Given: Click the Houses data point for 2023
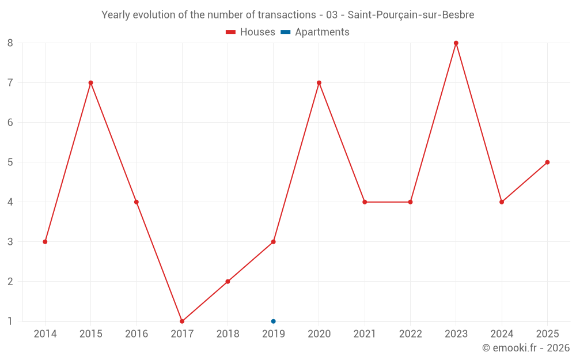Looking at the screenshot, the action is point(456,43).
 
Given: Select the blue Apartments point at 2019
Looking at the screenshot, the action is point(273,321).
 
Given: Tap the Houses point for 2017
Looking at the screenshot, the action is point(182,321).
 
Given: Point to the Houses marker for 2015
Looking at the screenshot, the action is point(91,82).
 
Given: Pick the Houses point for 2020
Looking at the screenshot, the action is point(319,82).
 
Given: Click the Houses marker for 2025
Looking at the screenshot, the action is point(547,162).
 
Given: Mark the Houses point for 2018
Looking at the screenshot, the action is point(228,282).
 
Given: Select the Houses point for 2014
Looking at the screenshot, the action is point(45,242).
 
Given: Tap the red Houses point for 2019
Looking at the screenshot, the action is point(273,242).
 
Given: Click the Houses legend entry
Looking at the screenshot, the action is point(251,32).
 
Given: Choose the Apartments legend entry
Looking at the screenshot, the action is point(315,32).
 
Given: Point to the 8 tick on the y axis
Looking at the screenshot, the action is point(10,43).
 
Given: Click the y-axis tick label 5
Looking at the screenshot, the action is point(10,162).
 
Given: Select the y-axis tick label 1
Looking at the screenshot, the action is point(10,321).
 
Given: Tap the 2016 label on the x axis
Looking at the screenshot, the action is point(137,334).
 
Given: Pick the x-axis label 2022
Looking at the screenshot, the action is point(410,334).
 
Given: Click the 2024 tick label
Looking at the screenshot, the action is point(502,334).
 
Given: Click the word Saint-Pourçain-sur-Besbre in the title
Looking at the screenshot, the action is point(411,15).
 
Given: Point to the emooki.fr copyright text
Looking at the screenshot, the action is point(526,348).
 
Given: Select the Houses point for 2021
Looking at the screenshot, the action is point(365,202).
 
